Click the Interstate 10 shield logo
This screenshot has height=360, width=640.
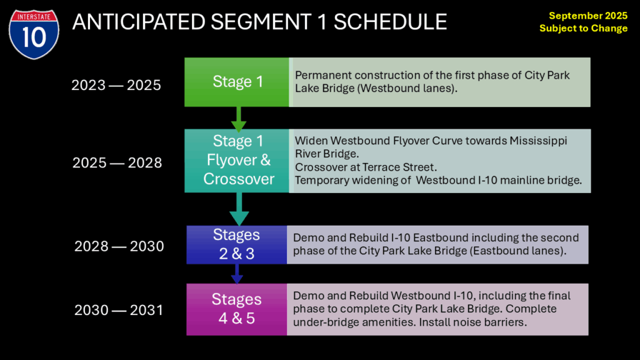34,34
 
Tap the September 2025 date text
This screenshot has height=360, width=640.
588,16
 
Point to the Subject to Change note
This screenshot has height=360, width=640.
583,28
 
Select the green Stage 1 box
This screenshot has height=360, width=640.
237,82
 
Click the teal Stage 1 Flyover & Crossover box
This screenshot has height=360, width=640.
238,161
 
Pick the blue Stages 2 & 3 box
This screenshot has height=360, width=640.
236,244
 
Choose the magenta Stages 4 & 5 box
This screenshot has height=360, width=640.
236,309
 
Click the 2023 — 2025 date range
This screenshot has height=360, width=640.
116,86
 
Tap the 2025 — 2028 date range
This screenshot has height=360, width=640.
117,163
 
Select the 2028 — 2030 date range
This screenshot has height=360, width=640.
119,246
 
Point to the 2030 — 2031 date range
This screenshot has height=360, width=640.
118,309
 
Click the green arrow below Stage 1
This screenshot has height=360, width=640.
238,118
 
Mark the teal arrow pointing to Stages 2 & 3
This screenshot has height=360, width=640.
239,209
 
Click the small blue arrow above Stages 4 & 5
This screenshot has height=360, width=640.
236,273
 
